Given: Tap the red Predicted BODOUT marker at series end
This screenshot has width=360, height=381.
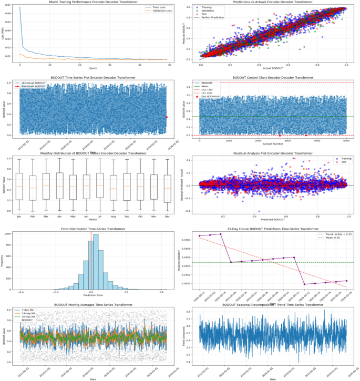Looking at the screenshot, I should [167, 117].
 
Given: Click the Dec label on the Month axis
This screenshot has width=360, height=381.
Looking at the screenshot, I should [167, 216].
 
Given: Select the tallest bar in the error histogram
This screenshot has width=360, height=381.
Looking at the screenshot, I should [95, 263].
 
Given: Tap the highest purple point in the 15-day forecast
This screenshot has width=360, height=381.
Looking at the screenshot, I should [221, 234].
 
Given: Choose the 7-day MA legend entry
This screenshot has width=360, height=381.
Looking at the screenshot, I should [32, 310].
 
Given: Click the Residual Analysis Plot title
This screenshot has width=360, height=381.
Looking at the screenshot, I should [270, 153].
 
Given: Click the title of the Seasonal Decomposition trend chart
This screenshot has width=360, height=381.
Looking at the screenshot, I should [270, 305].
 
